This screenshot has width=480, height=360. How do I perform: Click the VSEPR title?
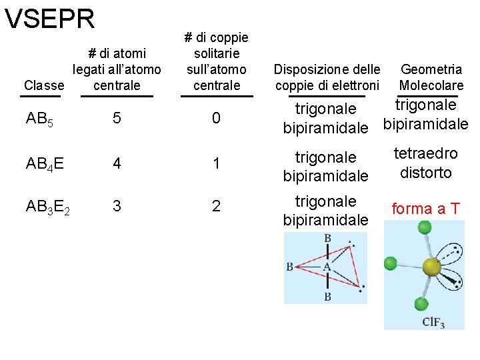pyautogui.click(x=50, y=19)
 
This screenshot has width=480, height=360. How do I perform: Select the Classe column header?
pyautogui.click(x=44, y=85)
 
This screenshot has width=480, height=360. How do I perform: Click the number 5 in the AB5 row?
pyautogui.click(x=117, y=119)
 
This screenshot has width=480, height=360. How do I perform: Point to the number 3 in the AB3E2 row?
pyautogui.click(x=117, y=206)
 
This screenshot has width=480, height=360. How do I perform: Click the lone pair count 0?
pyautogui.click(x=216, y=119)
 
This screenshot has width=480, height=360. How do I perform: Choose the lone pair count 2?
pyautogui.click(x=216, y=206)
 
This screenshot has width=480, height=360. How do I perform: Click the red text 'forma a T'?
pyautogui.click(x=425, y=209)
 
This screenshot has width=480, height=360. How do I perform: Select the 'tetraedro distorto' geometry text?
pyautogui.click(x=425, y=163)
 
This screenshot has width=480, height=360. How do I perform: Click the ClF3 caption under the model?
pyautogui.click(x=433, y=323)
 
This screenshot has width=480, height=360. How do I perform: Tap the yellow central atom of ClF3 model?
pyautogui.click(x=432, y=267)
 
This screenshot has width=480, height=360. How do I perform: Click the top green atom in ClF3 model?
pyautogui.click(x=424, y=227)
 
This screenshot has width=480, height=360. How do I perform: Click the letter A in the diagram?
pyautogui.click(x=327, y=267)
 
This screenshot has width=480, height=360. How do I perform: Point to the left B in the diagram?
pyautogui.click(x=290, y=267)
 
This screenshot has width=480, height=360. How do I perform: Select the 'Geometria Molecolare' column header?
pyautogui.click(x=431, y=77)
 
